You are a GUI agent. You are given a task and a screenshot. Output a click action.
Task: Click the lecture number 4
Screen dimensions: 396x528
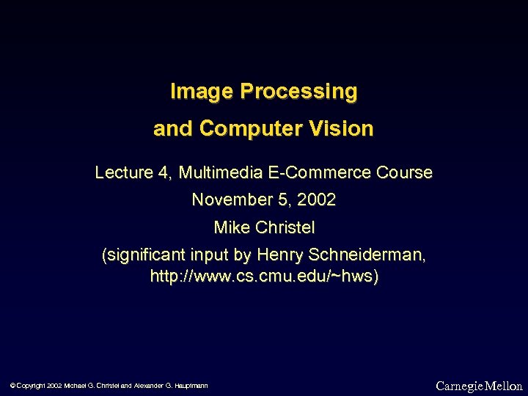(162, 173)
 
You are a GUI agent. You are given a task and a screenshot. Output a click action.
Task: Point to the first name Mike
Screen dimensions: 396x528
(231, 228)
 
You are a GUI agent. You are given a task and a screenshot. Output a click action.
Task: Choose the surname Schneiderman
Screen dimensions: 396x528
(367, 255)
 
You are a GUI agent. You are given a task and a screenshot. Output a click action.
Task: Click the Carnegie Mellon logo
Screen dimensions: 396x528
(479, 386)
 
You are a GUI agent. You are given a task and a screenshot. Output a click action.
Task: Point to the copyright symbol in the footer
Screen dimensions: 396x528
(13, 386)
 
